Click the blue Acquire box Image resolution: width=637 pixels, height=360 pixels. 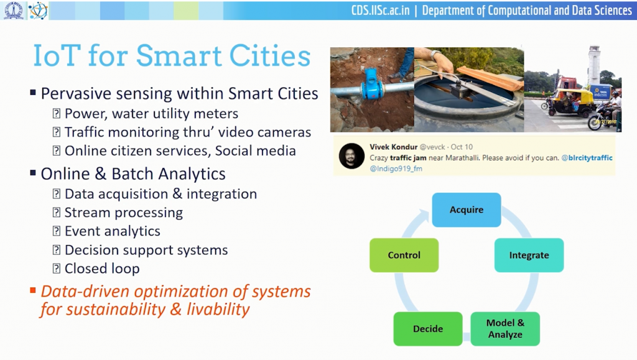click(467, 210)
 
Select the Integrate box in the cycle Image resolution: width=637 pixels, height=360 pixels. click(529, 255)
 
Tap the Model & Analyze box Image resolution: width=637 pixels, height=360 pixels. click(505, 329)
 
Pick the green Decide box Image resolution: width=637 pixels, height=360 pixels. click(428, 329)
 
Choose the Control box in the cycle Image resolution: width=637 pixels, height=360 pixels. click(404, 255)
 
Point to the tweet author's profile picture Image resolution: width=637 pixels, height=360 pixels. click(351, 156)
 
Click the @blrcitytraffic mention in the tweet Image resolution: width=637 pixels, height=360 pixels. click(587, 158)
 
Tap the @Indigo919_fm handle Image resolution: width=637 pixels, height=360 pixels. click(396, 168)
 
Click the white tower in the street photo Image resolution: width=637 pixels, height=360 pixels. click(594, 65)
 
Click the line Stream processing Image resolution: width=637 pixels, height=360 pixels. click(123, 213)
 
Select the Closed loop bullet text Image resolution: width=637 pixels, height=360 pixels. click(102, 269)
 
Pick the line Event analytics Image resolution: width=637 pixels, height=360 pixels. click(112, 231)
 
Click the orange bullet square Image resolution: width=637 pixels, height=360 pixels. click(33, 290)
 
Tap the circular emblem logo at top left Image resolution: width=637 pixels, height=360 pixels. click(13, 11)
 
